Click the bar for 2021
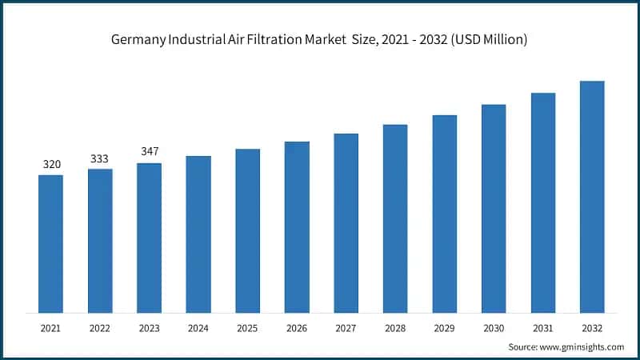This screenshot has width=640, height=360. click(50, 243)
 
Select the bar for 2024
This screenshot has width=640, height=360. click(198, 234)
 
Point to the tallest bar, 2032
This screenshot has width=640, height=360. click(592, 196)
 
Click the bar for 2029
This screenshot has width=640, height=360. click(444, 214)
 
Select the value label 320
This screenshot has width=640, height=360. click(51, 164)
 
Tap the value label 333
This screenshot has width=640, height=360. click(100, 158)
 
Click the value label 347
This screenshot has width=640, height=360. click(149, 151)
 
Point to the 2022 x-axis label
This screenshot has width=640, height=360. click(100, 328)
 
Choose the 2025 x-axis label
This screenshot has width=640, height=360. click(247, 328)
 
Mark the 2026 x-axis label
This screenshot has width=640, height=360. click(297, 328)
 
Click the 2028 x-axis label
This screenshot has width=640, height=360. click(395, 328)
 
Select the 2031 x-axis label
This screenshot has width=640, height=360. click(542, 328)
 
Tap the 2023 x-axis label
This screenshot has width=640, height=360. click(149, 328)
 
